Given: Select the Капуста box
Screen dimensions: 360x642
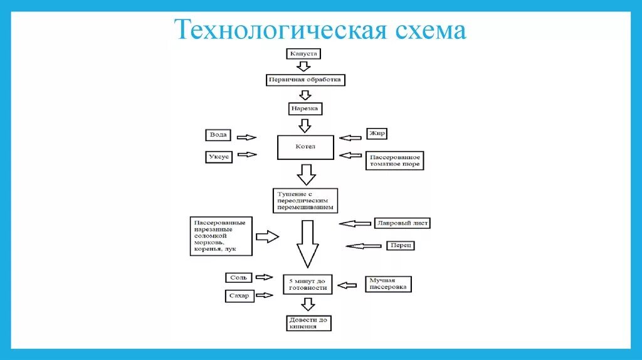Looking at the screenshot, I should click(x=305, y=54).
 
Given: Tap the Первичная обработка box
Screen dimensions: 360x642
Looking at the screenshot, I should click(x=305, y=80).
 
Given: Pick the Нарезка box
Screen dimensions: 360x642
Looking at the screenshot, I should click(x=305, y=109).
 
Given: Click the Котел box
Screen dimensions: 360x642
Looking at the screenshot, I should click(x=305, y=147).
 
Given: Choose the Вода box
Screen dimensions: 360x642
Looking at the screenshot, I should click(x=219, y=135).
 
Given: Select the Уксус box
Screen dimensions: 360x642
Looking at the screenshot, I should click(x=219, y=157).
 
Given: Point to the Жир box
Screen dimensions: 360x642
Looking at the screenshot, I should click(x=377, y=134).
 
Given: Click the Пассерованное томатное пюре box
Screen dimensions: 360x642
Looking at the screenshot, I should click(x=394, y=160).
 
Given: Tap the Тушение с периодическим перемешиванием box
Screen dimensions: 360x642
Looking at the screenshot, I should click(x=305, y=199).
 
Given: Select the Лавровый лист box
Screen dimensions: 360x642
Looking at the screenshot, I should click(x=402, y=223).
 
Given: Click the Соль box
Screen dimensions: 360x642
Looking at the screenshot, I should click(x=239, y=277).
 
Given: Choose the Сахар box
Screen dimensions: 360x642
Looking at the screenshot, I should click(x=239, y=295).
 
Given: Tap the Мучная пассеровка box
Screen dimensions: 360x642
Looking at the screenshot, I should click(x=389, y=284).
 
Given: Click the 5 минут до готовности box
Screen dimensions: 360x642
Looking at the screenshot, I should click(x=307, y=283).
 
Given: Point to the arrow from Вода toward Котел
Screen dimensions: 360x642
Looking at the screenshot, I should click(x=247, y=137).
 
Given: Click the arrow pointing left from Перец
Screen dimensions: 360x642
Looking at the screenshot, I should click(x=363, y=246).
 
